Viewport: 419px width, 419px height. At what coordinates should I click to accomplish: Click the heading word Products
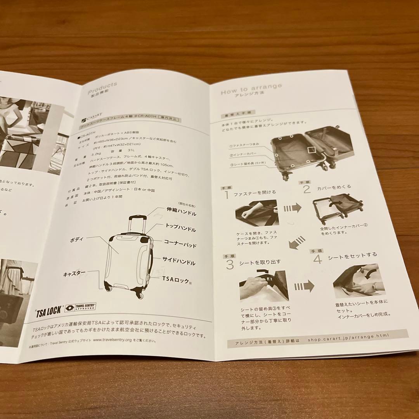point(102,86)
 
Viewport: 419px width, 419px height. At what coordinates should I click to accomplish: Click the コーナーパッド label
point(180,246)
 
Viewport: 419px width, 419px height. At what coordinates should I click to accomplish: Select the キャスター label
point(74,274)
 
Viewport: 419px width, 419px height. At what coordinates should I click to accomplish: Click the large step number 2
point(307,189)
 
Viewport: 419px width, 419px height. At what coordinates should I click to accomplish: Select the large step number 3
point(230,265)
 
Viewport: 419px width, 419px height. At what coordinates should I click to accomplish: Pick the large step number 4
point(318,259)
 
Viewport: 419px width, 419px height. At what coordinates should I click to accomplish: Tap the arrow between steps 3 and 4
point(304,287)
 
